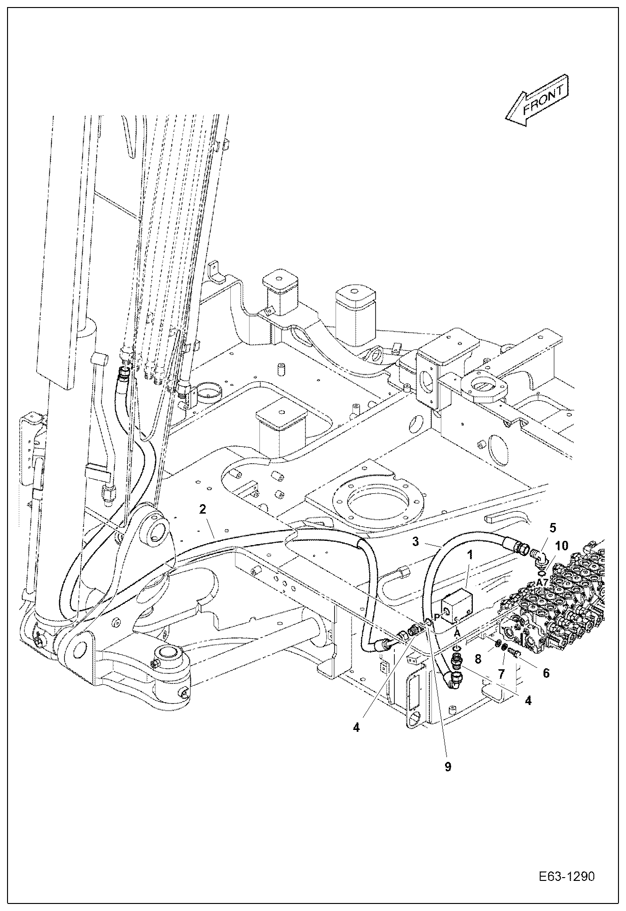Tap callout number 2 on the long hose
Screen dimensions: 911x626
pos(203,509)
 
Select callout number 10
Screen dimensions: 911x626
pos(561,546)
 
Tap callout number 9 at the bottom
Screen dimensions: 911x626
pos(448,766)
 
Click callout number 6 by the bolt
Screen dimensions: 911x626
pos(546,673)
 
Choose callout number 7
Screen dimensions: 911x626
pos(501,674)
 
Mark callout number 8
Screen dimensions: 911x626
pos(478,658)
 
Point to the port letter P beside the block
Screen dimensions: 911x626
pos(437,616)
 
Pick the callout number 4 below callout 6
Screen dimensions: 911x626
pos(528,700)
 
